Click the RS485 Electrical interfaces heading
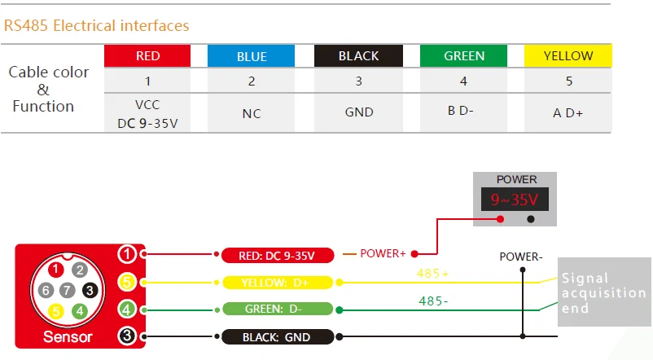[96, 26]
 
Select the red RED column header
[147, 56]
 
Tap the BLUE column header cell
[252, 56]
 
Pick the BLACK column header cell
[358, 56]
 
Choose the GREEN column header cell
[464, 56]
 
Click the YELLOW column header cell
[568, 56]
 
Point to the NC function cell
[252, 113]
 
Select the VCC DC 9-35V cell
[147, 113]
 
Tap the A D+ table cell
[568, 113]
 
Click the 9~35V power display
[516, 200]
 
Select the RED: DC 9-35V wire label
[277, 256]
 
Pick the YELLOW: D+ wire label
[277, 283]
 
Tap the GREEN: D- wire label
[277, 310]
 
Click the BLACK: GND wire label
[277, 336]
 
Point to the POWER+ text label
[383, 254]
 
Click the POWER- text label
[521, 257]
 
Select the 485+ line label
[432, 274]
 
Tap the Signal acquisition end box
[603, 293]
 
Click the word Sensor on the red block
[68, 336]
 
